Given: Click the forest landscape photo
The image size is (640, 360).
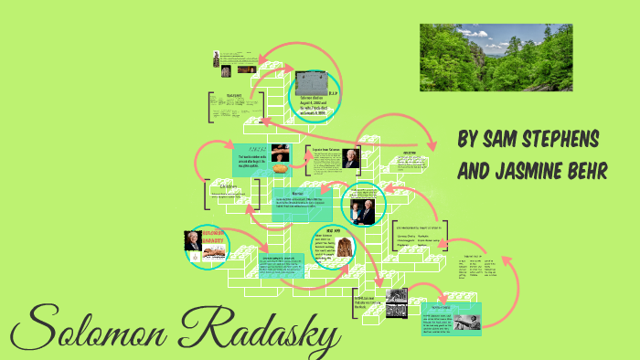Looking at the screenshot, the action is (496, 58).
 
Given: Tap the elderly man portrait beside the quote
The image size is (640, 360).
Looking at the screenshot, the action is (352, 158).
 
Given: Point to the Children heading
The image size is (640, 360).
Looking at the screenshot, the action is (229, 185).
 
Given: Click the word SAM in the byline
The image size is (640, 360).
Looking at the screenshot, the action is (493, 140).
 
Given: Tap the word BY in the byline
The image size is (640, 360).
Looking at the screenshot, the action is (466, 140).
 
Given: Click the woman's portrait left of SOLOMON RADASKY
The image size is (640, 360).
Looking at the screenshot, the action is (194, 241).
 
